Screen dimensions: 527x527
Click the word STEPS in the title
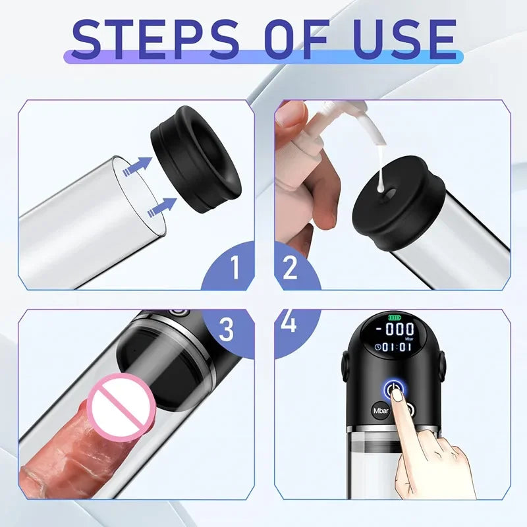155,39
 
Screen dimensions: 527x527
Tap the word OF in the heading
296,39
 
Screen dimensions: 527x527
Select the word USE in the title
406,39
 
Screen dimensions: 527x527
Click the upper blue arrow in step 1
138,166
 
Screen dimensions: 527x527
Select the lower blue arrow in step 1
162,207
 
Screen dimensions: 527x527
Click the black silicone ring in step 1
196,159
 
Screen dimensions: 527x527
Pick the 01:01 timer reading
397,347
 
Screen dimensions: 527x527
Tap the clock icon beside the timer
377,347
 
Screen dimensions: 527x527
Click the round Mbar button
381,410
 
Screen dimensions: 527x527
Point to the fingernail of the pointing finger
399,396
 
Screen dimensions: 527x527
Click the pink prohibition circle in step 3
122,406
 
